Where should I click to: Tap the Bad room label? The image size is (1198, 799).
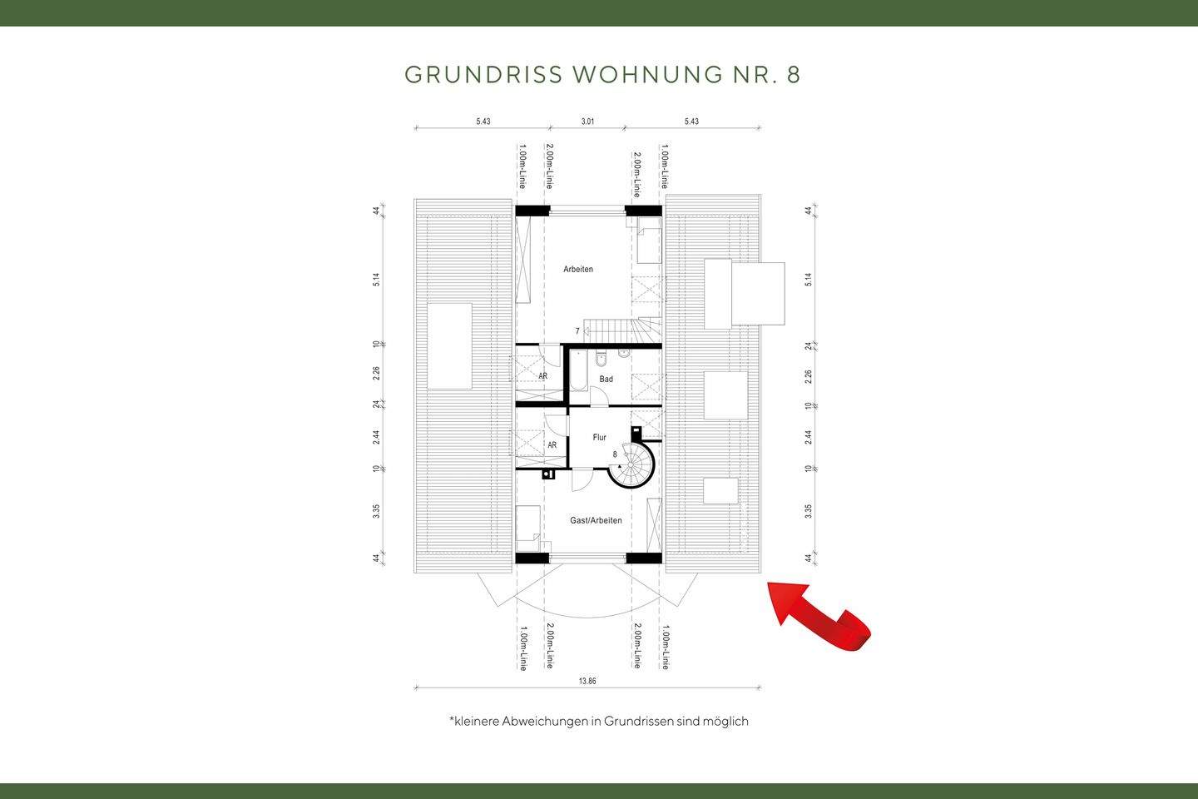click(x=606, y=380)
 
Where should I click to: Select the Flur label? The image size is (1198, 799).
click(x=599, y=437)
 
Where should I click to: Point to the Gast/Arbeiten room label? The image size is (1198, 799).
click(x=596, y=520)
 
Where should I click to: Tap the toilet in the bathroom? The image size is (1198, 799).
click(x=603, y=359)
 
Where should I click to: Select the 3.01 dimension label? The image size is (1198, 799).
click(x=587, y=122)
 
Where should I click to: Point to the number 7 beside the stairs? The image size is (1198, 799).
click(x=577, y=331)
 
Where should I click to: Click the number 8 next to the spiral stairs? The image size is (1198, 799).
click(x=615, y=454)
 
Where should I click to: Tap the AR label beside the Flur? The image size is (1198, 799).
click(x=552, y=445)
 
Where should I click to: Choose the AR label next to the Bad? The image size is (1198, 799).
click(x=542, y=376)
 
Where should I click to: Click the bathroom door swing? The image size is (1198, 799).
click(x=601, y=398)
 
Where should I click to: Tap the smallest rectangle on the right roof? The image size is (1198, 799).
click(x=720, y=491)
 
